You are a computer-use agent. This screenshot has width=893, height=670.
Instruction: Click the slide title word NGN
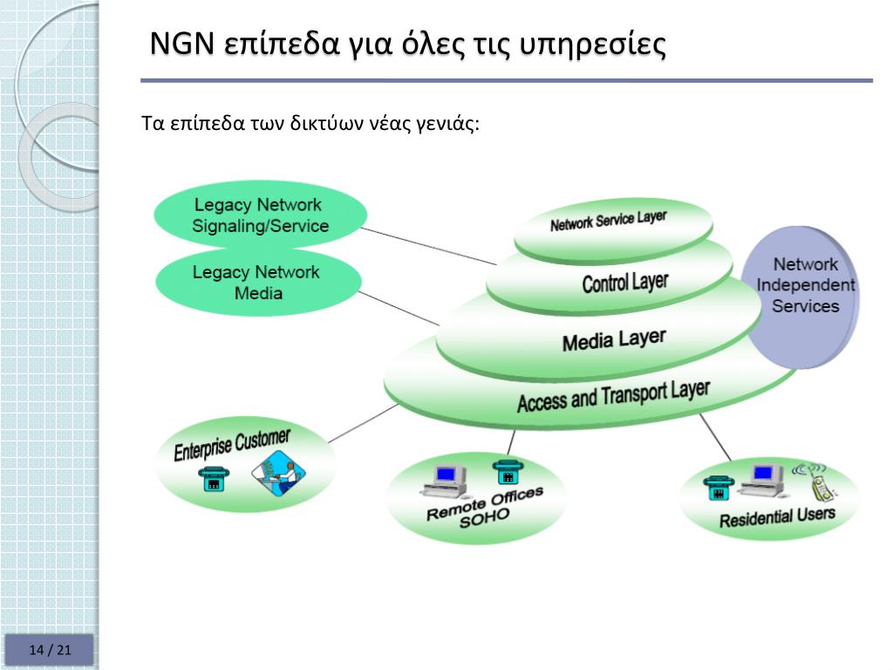tap(181, 43)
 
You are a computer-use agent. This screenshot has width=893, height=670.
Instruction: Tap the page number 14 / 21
tap(50, 650)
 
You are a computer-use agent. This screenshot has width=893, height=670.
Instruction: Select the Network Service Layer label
tap(608, 221)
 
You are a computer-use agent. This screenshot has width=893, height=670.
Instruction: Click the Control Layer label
tap(624, 282)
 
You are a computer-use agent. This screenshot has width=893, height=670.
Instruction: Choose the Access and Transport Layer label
tap(613, 395)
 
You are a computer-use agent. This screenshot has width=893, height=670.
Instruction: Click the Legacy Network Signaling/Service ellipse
tap(260, 215)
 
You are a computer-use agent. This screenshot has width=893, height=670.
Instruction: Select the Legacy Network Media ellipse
tap(257, 283)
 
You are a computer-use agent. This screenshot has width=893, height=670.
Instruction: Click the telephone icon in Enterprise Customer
tap(214, 478)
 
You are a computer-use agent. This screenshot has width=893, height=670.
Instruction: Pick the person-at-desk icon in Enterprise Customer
tap(278, 477)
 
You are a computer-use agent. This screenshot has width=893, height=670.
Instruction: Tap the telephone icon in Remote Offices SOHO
tap(505, 471)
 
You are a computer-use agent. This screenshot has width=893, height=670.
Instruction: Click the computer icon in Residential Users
tap(764, 476)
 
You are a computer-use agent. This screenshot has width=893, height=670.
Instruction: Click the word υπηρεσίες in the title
tap(593, 44)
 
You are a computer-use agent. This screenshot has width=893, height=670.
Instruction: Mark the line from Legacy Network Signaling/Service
tap(427, 245)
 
